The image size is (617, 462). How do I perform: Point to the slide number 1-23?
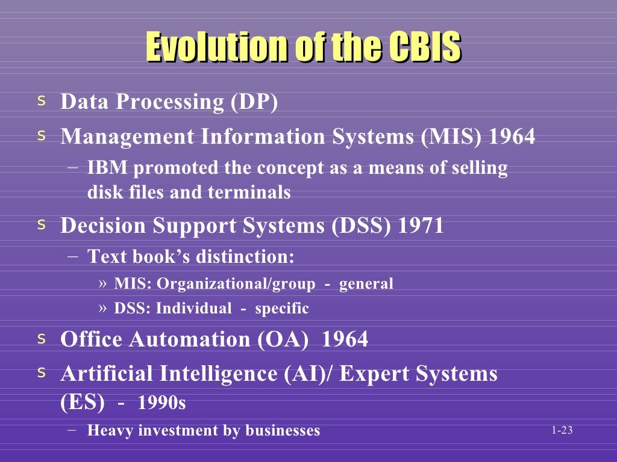click(x=562, y=430)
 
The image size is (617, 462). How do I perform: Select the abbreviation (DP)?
click(x=254, y=102)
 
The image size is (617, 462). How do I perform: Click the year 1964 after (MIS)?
click(x=512, y=137)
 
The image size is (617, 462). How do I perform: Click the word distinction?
click(x=245, y=257)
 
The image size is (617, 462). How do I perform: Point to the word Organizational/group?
click(x=236, y=283)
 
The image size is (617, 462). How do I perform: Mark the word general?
click(x=366, y=283)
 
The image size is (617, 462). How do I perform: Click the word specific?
click(x=282, y=309)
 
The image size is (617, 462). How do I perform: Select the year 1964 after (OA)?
click(x=345, y=339)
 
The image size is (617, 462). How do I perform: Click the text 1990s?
click(x=162, y=403)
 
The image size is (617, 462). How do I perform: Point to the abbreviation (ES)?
click(x=83, y=402)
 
